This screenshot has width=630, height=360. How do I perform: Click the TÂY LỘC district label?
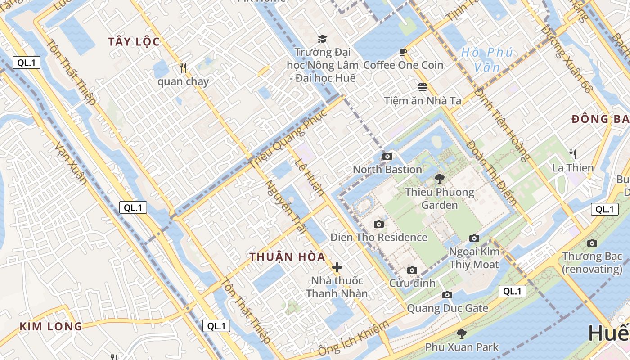click(134, 42)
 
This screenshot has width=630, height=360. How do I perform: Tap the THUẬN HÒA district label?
click(288, 257)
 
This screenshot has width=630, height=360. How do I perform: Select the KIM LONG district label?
click(51, 326)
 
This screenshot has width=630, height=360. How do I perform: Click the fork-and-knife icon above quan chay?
click(183, 67)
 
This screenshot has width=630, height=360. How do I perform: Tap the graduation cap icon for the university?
click(322, 39)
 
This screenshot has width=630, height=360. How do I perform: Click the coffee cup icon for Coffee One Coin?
click(403, 52)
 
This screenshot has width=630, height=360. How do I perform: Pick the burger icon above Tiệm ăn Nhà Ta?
click(423, 87)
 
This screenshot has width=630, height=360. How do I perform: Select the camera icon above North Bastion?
click(387, 156)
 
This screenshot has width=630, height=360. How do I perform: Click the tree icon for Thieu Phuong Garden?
click(439, 179)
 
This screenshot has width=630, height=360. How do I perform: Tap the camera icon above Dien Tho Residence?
click(379, 224)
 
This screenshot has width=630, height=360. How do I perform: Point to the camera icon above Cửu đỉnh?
click(412, 270)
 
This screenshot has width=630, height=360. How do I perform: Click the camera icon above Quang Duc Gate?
click(447, 295)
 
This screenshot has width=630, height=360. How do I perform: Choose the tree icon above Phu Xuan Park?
click(461, 333)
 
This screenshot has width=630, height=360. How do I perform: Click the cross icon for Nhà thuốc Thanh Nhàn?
click(337, 267)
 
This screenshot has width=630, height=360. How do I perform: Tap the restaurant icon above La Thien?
click(573, 154)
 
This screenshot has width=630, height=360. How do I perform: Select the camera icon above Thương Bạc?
click(592, 243)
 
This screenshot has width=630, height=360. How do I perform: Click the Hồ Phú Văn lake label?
click(487, 60)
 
